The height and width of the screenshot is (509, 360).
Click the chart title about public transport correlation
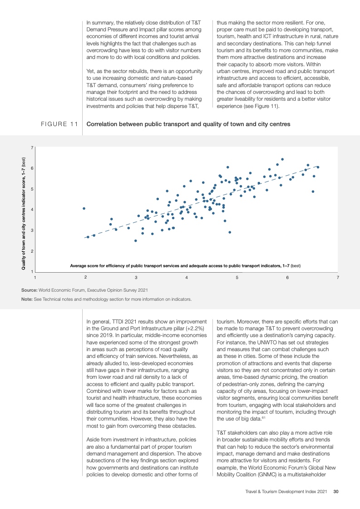coord(188,124)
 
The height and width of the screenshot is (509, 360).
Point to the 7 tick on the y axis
coord(32,147)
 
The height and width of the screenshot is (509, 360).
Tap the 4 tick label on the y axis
coord(32,210)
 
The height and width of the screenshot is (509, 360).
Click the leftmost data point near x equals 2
coord(84,208)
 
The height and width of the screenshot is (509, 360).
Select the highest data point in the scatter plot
coord(282,159)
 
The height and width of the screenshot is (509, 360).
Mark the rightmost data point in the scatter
coord(318,167)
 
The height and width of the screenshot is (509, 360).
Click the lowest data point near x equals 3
coord(135,240)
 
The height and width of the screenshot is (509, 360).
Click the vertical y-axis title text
coord(24,214)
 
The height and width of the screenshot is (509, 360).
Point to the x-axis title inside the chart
coord(186,265)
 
